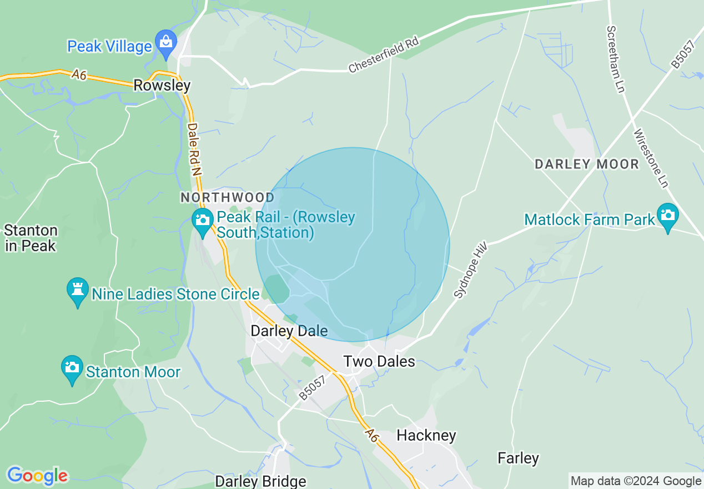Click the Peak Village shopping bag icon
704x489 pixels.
pos(166,42)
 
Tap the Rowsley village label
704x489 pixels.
pos(162,86)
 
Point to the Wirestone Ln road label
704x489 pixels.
pos(650,158)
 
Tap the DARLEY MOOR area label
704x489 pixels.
pos(587,164)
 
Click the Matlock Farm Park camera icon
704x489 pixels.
pos(667,216)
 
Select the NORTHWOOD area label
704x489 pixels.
pos(228,198)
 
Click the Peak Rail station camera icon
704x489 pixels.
pos(203,221)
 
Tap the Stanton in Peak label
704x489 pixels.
pos(31,238)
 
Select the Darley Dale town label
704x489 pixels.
pos(289,331)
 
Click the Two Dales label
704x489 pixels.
pos(379,361)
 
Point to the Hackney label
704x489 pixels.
pos(426,435)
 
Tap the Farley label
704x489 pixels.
pos(518,458)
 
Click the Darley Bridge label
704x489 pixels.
pos(260,481)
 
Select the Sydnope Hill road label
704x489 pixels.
pos(470,270)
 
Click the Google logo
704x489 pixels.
pos(37,476)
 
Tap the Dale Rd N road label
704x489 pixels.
pos(193,149)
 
